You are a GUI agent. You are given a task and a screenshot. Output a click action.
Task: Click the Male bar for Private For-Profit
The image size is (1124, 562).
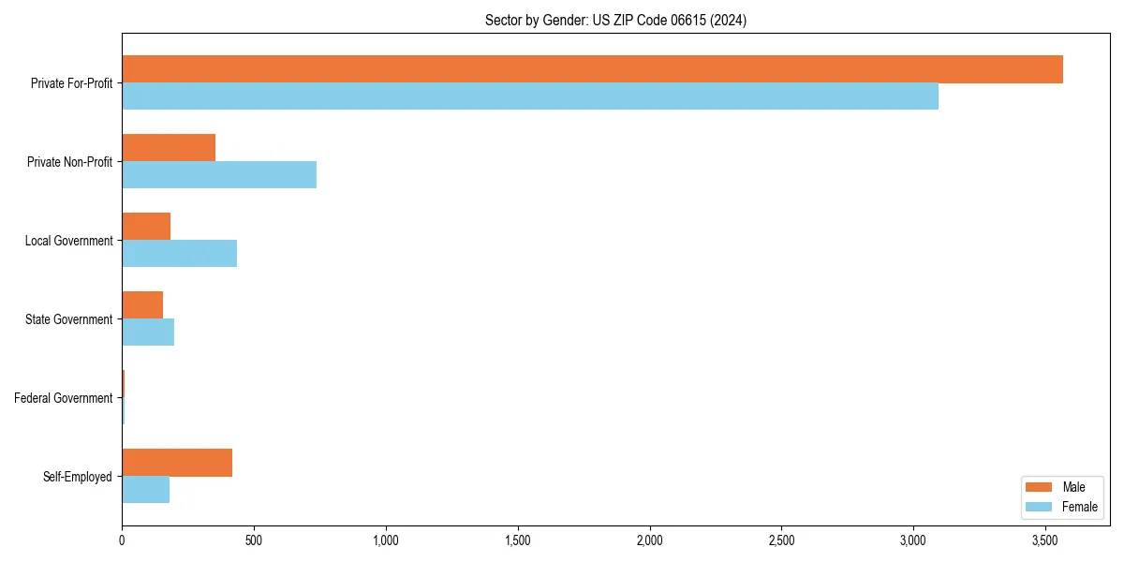(592, 69)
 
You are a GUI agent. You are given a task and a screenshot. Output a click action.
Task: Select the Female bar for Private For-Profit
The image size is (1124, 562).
(530, 96)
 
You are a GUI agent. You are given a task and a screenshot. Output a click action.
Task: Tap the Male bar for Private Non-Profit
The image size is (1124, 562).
(169, 148)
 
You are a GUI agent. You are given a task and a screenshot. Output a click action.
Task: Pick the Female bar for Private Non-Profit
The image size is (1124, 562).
(219, 175)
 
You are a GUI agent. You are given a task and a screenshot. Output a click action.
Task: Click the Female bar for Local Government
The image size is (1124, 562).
(179, 254)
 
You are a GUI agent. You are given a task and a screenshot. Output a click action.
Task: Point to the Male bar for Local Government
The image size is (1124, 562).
(146, 227)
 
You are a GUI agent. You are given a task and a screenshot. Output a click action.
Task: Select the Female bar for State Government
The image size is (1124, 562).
(148, 333)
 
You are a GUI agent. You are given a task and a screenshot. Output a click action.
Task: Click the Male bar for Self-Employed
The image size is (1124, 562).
(177, 463)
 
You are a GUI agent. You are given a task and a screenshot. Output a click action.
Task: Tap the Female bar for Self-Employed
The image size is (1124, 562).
(145, 490)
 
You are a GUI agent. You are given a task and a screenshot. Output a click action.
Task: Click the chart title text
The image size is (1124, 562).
(615, 20)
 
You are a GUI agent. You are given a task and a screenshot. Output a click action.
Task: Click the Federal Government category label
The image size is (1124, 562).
(64, 398)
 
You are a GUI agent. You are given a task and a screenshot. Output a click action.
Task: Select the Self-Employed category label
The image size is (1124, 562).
(78, 477)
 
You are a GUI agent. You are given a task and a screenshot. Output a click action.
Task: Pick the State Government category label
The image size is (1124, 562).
(69, 319)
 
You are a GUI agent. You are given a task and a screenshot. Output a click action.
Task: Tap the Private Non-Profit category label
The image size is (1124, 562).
(70, 162)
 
